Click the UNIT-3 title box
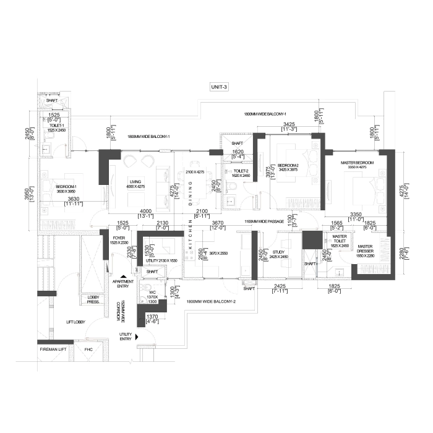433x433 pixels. tap(219, 87)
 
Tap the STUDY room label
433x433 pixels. tap(275, 253)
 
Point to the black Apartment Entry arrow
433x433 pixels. tap(124, 277)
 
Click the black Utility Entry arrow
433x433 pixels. tap(137, 336)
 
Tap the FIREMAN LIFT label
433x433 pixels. tap(53, 349)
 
